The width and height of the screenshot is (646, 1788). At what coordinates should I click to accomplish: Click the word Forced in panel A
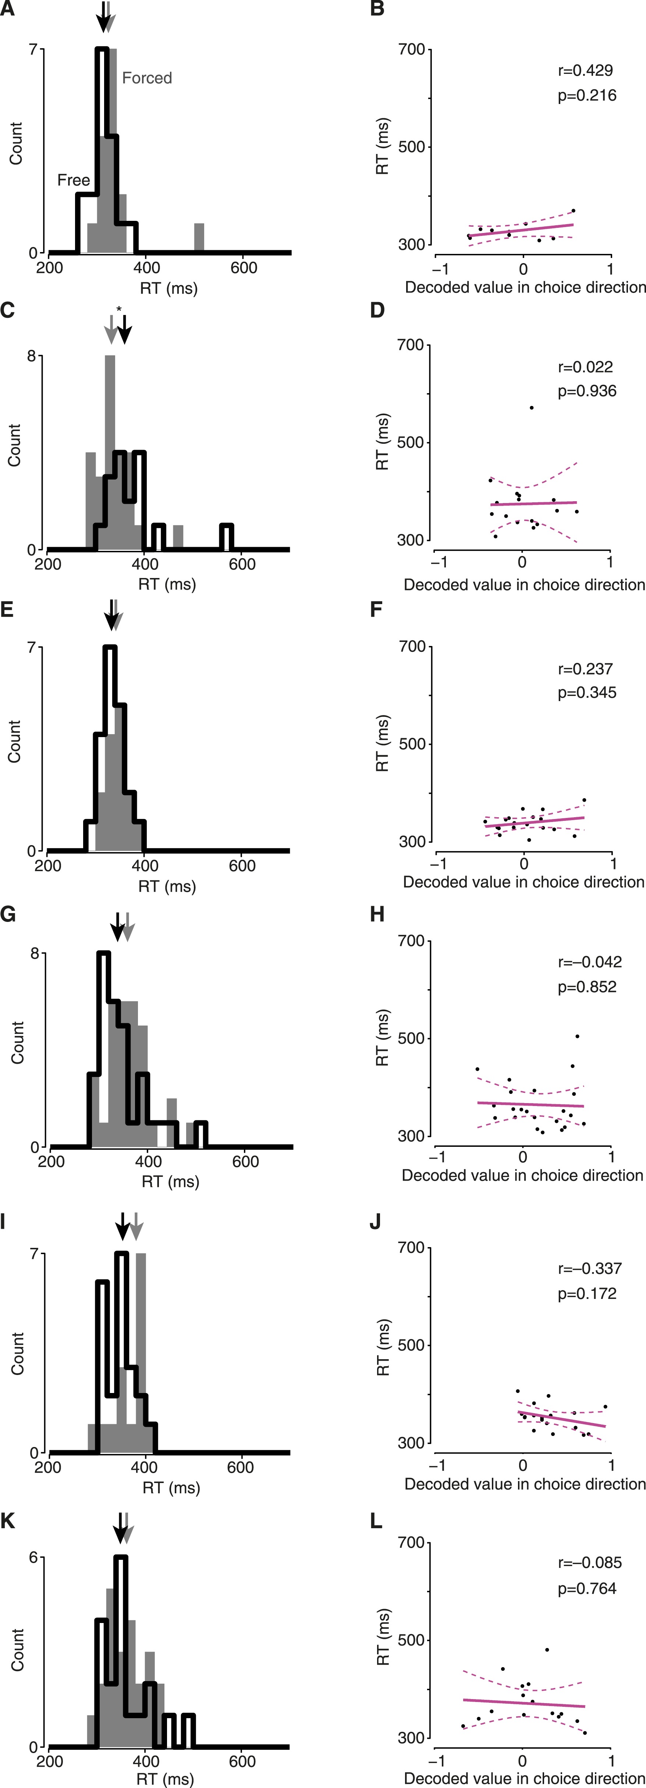146,78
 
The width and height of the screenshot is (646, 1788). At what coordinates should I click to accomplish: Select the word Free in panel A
74,180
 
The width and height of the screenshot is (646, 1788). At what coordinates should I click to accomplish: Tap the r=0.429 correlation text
586,70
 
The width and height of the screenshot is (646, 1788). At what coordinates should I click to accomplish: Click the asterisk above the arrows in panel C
119,309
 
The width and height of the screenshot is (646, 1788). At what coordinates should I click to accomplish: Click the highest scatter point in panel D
531,407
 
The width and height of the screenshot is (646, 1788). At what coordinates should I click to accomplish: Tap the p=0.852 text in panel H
587,987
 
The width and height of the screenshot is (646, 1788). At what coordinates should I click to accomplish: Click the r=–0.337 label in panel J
590,1269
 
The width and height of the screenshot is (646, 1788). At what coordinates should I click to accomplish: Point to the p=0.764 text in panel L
587,1589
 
